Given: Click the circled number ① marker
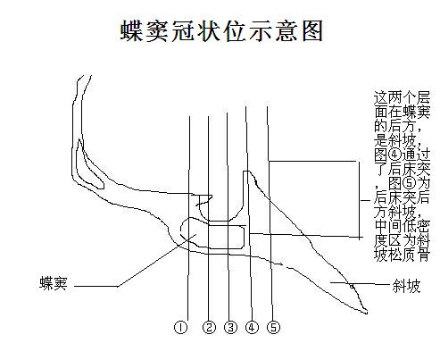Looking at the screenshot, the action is [x=180, y=328].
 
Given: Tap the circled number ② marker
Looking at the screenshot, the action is [x=209, y=328].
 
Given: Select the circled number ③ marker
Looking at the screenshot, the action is [x=230, y=328].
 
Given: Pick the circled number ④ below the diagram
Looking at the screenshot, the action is [x=252, y=328].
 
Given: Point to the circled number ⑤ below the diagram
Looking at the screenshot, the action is [x=273, y=328].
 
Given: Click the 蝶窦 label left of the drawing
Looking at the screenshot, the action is [x=54, y=283].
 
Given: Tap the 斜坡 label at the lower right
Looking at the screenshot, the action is [x=406, y=286].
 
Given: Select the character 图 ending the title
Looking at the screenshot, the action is [x=312, y=30].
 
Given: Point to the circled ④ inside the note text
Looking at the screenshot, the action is [x=394, y=155].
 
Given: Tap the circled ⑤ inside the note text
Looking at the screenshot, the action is [x=409, y=183].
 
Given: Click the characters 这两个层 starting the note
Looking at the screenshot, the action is [x=402, y=97].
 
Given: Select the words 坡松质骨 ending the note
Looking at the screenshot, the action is [x=402, y=255].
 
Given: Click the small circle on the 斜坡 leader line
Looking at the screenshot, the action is [x=352, y=286].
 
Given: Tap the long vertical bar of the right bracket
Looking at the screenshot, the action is [x=360, y=200].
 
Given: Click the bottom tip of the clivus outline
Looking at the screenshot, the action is [x=366, y=313].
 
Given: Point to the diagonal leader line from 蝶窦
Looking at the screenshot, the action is [x=156, y=260].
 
